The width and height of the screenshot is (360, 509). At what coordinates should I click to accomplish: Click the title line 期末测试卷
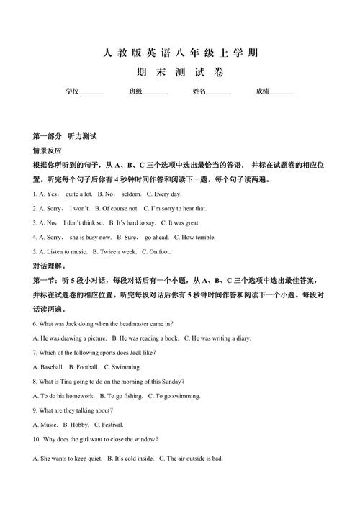[x=180, y=73]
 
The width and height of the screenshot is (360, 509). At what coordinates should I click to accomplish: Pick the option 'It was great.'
[x=184, y=223]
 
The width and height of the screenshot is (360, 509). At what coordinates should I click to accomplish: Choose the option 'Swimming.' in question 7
[x=127, y=367]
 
